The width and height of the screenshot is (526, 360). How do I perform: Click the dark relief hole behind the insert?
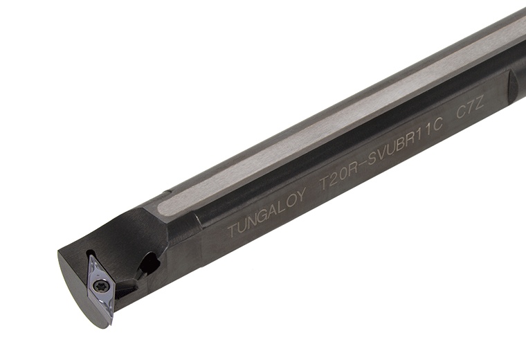(148, 263)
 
